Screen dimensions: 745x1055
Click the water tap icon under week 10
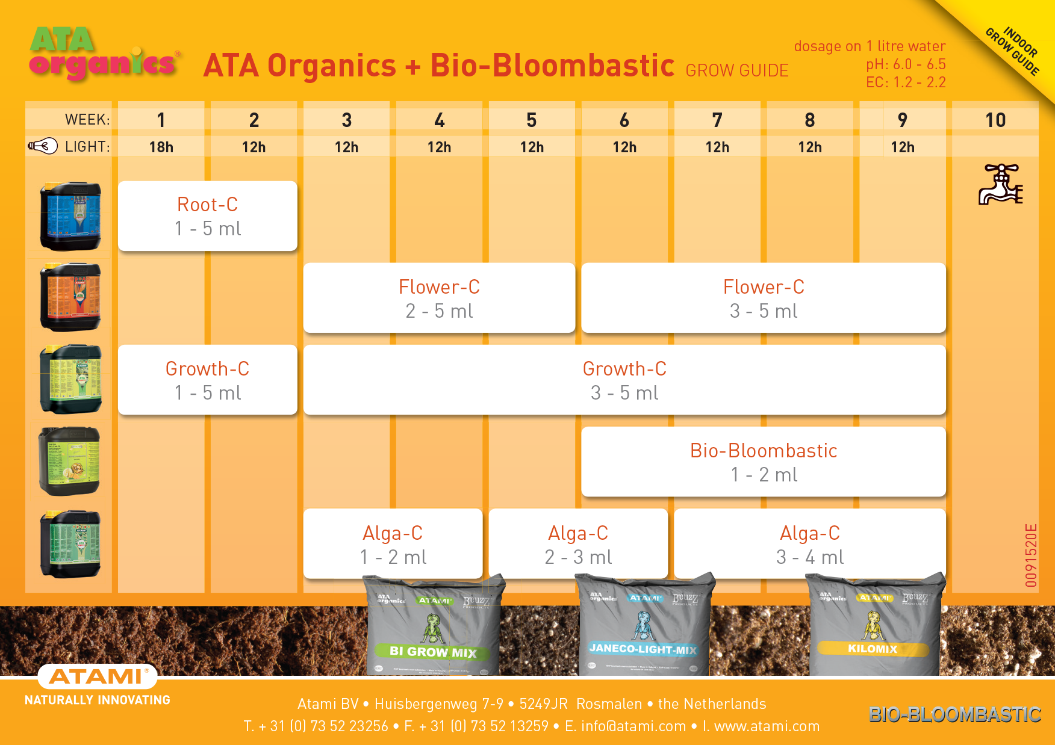[1000, 184]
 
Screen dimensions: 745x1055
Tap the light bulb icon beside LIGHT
[43, 146]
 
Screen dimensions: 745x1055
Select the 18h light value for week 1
[161, 147]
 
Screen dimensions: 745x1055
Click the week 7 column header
[717, 120]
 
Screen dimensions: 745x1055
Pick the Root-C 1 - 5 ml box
[207, 216]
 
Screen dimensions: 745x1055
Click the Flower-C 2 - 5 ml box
[439, 298]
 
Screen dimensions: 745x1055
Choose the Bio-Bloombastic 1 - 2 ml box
[763, 462]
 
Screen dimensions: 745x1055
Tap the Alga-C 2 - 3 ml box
[577, 544]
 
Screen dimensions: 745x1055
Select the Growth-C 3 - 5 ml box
[624, 380]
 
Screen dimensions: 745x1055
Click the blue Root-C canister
[70, 215]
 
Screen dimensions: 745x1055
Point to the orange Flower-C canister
[70, 297]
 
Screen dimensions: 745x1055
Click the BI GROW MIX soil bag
[434, 626]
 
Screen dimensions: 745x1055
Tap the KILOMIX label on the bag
[873, 649]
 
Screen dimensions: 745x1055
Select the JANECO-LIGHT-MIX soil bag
[643, 626]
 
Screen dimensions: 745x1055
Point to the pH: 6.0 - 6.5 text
[906, 64]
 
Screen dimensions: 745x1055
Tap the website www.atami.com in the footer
[767, 726]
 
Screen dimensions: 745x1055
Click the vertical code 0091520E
[1031, 555]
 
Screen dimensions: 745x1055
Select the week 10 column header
[995, 120]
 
